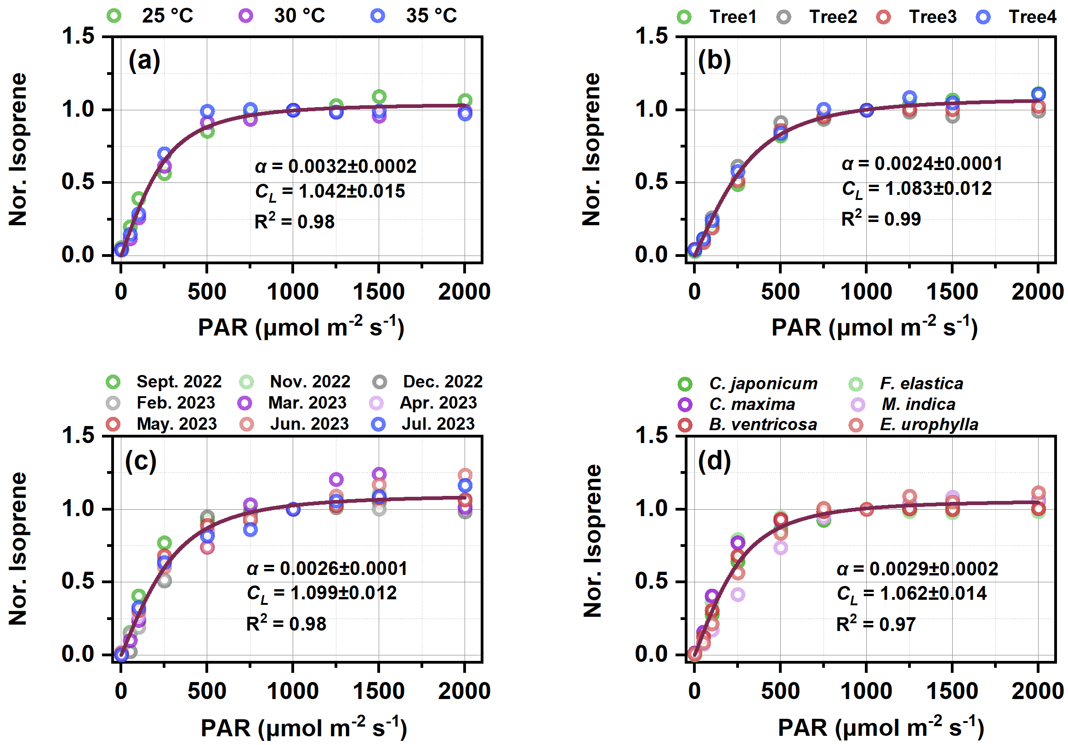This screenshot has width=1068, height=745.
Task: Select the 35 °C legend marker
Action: coord(378,16)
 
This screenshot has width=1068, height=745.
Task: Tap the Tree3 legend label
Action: coord(932,17)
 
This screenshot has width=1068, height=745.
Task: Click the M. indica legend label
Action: coord(918,404)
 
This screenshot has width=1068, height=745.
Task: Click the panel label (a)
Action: coord(144,61)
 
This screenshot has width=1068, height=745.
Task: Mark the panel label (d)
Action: coord(714,461)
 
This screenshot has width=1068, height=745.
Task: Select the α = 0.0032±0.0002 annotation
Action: coord(335,166)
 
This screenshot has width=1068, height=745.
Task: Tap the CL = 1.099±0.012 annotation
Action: coord(321,593)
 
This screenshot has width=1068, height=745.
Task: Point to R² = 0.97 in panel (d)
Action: coord(875,624)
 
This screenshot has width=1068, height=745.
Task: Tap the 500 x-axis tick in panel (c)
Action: coord(206,691)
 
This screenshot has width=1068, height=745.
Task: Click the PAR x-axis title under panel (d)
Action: coord(881,728)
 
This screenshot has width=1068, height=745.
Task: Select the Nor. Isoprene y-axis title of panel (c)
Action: coord(18,549)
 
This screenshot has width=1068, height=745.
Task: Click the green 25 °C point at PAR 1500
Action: coord(379,97)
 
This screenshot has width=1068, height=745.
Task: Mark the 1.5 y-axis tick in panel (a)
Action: coord(78,36)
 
